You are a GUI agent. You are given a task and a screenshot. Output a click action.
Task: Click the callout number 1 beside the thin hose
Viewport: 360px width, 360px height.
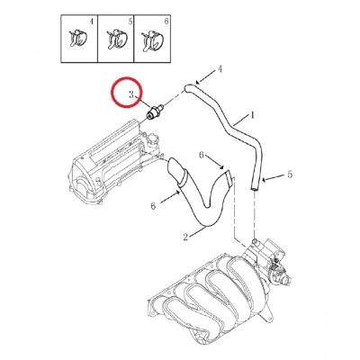[x=253, y=115]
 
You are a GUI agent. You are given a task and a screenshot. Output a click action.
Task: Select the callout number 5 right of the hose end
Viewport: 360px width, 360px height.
[x=290, y=175]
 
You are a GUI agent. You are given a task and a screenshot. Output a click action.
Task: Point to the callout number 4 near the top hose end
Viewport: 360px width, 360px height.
[x=220, y=68]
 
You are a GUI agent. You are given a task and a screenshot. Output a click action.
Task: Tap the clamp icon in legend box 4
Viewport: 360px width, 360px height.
[x=77, y=39]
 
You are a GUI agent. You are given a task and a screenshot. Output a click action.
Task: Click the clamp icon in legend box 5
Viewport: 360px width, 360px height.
[x=115, y=39]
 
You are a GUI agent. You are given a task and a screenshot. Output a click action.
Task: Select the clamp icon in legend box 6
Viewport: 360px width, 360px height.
[x=154, y=39]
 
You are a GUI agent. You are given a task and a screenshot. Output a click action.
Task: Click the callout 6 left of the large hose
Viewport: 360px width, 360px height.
[x=153, y=205]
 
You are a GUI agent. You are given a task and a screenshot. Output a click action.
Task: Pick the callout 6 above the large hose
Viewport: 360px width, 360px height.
[x=202, y=154]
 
